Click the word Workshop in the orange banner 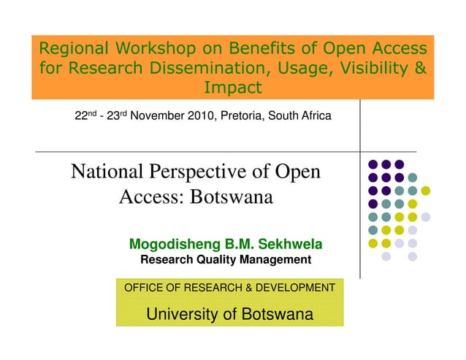(x=153, y=50)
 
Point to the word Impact (x=233, y=89)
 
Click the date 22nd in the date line (x=87, y=116)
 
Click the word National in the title (x=107, y=172)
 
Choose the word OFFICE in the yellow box (x=143, y=288)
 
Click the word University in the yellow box (x=183, y=315)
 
